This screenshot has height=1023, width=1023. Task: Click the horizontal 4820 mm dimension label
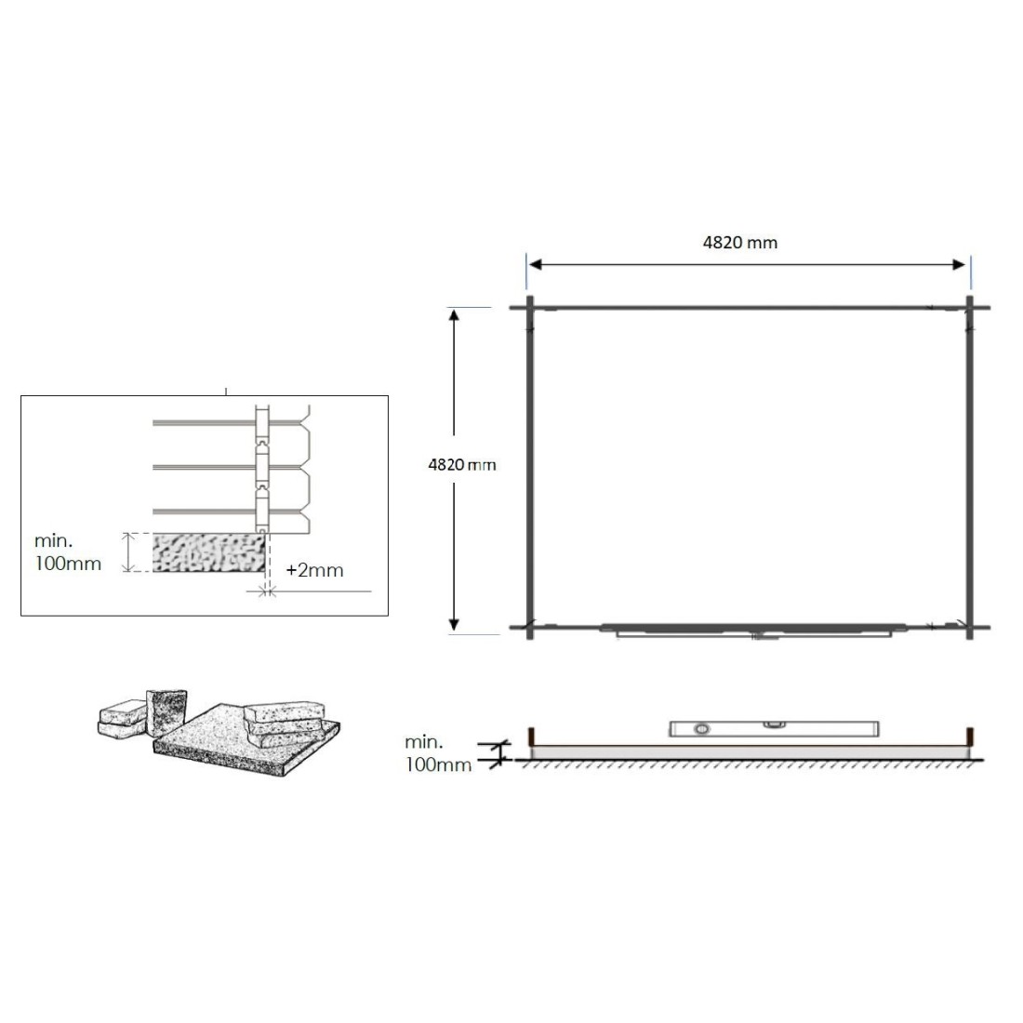(x=740, y=243)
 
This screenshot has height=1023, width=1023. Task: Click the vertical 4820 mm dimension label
(x=462, y=464)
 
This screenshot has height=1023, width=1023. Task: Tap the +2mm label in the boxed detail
(x=314, y=570)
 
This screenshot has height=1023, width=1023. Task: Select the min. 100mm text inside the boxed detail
(x=67, y=551)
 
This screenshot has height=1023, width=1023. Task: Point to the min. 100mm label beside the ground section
(x=438, y=753)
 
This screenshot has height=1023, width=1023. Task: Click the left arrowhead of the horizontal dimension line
(x=535, y=264)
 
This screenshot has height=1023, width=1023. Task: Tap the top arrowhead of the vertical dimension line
(x=454, y=315)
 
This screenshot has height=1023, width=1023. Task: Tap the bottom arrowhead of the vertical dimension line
(x=454, y=624)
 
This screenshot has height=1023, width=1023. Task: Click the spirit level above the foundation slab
(x=775, y=729)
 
